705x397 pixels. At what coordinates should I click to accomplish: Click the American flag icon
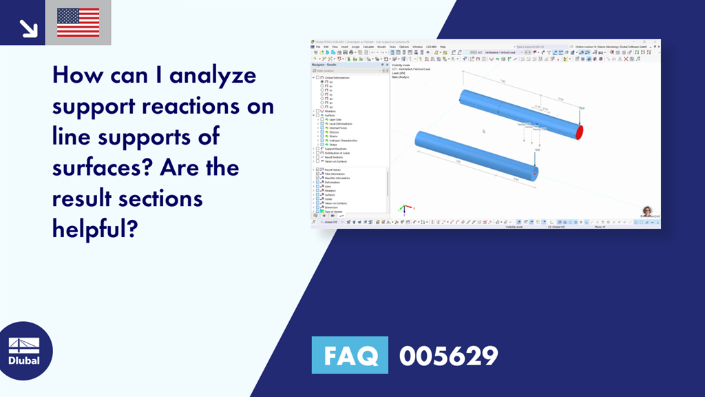pyautogui.click(x=78, y=22)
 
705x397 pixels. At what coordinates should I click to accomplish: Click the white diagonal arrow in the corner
pyautogui.click(x=28, y=28)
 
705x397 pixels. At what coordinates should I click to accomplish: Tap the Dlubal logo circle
pyautogui.click(x=23, y=351)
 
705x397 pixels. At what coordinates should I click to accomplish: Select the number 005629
pyautogui.click(x=448, y=356)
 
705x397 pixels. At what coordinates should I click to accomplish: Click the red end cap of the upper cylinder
pyautogui.click(x=580, y=131)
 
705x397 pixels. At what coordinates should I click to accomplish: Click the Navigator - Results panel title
pyautogui.click(x=326, y=65)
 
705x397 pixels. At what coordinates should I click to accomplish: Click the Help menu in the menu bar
pyautogui.click(x=443, y=47)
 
